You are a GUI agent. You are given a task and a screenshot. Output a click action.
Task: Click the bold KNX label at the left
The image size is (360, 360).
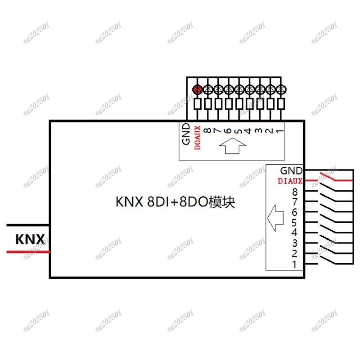pos(30,239)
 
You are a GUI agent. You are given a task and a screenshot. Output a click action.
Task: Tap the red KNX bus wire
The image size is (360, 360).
pos(27,252)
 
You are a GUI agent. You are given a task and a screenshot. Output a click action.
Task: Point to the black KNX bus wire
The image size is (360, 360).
pos(27,225)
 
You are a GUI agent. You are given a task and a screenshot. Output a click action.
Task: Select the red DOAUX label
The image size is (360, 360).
pos(197,138)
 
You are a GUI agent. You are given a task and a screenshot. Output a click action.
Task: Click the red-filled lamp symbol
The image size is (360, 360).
pos(197,90)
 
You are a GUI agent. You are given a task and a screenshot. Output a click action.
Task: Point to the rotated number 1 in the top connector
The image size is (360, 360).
pos(279,130)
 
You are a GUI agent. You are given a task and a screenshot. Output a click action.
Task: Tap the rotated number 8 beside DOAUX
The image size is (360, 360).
pos(207,130)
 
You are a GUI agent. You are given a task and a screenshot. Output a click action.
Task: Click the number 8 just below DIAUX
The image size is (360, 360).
pos(295,192)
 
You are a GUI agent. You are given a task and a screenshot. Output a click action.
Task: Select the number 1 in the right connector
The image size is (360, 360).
pos(295,264)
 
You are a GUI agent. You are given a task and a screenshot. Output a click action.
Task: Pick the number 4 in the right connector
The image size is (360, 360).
pos(295,233)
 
